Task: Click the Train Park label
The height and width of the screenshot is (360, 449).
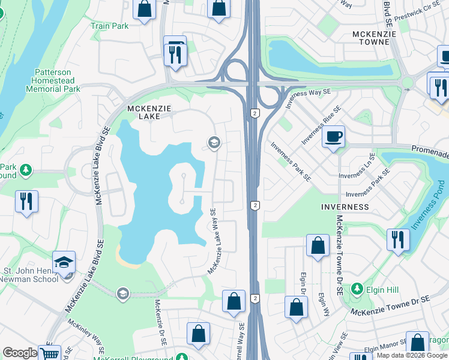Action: coord(109,26)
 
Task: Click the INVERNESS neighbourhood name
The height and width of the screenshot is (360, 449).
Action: coord(345,206)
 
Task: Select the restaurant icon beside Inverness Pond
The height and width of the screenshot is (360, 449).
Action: coord(398,240)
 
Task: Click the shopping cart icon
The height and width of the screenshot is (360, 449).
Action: coord(49,353)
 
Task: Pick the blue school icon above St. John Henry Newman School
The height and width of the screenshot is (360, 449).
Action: coord(64,262)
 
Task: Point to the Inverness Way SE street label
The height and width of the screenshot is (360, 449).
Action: coord(309,99)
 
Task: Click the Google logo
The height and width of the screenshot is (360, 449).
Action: coord(20,353)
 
